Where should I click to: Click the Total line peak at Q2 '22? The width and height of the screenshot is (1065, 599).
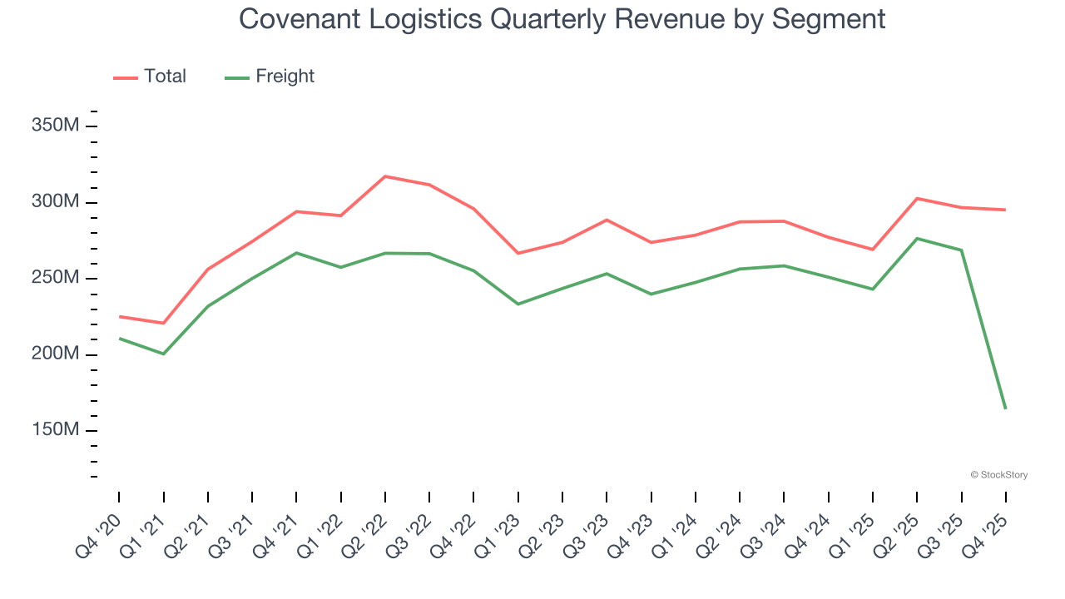tap(385, 176)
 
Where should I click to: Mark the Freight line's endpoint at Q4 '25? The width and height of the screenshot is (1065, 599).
tap(1005, 408)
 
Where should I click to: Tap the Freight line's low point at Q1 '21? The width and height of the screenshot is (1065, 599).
tap(163, 354)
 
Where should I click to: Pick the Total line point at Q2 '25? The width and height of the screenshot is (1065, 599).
tap(917, 198)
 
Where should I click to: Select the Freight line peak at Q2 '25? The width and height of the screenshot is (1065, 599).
tap(917, 239)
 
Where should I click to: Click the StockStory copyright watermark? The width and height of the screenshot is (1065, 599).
tap(999, 475)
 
